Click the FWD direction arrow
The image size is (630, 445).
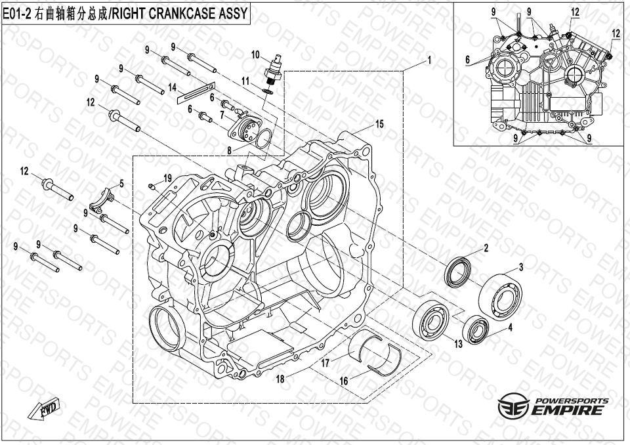tap(44, 410)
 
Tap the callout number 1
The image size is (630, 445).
tap(429, 60)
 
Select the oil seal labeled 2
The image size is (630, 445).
tap(458, 273)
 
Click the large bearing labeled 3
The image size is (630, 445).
tap(475, 329)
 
